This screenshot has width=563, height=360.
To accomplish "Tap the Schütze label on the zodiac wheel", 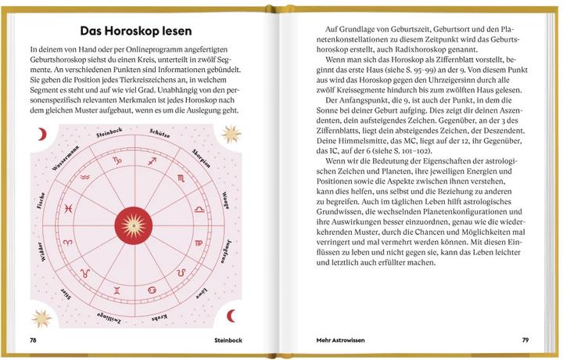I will [170, 139].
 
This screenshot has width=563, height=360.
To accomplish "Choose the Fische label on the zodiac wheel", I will [36, 204].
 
